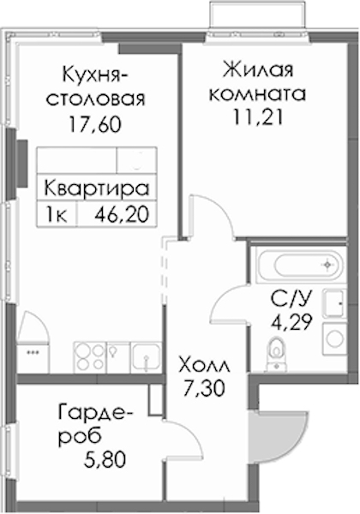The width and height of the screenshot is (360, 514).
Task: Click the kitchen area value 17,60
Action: [95, 124]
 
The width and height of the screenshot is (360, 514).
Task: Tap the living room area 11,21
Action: [258, 117]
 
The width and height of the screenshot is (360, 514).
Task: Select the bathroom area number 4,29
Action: [291, 322]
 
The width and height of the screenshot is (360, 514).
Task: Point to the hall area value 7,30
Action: [204, 388]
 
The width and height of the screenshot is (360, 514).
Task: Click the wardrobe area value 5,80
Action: [105, 459]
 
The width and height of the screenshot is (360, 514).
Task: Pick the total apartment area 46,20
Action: [122, 215]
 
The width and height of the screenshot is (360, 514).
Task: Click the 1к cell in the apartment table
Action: [57, 215]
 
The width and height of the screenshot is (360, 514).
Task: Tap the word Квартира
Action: [97, 189]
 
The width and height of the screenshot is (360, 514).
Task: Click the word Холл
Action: [204, 366]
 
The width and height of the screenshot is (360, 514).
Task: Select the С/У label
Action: [291, 299]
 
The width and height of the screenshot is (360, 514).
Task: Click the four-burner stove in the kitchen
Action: [89, 357]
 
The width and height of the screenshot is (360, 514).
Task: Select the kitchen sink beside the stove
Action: [146, 357]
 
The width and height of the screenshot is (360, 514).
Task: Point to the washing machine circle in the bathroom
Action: [335, 339]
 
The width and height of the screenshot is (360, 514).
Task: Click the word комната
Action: [258, 94]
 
